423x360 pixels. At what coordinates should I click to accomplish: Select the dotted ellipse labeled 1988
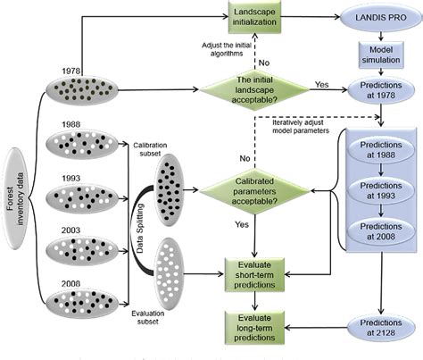pyautogui.click(x=81, y=141)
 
